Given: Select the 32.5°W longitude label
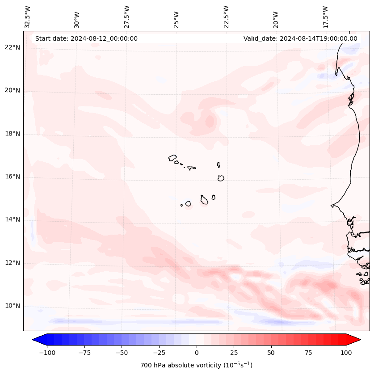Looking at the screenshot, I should pos(28,17).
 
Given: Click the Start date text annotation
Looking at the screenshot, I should pos(86,38).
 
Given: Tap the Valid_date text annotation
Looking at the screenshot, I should pos(300,38).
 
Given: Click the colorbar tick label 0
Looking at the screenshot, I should pos(197,353).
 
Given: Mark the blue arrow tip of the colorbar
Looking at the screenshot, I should pos(37,340).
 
